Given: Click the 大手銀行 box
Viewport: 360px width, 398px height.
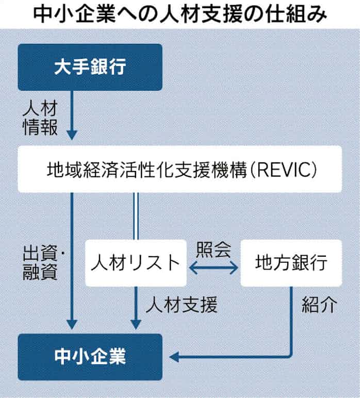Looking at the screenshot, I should tap(90, 68).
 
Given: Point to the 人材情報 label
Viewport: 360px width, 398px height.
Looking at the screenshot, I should tap(40, 118).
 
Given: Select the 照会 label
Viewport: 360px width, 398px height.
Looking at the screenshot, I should tap(213, 249).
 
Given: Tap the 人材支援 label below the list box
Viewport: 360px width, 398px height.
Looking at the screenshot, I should tap(182, 305).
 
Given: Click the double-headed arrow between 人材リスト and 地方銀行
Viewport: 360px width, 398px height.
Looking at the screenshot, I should tap(213, 267).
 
